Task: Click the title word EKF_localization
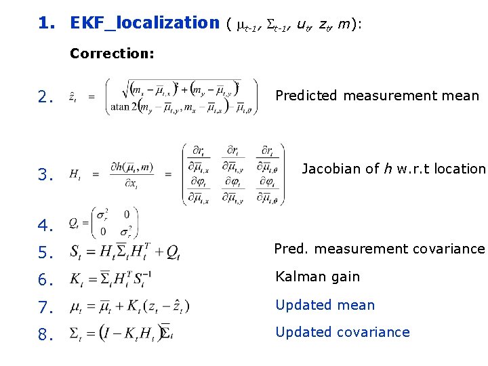coord(144,23)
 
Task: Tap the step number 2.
coord(45,98)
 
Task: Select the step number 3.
coord(45,176)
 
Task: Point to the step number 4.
coord(45,224)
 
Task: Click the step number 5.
coord(45,253)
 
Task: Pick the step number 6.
coord(45,280)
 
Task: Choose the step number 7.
coord(45,308)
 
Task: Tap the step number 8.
coord(45,335)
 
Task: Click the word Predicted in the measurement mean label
coord(306,96)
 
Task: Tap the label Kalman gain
coord(317,277)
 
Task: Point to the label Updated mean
coord(325,305)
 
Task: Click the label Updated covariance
coord(342,332)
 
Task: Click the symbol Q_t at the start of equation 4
coord(74,223)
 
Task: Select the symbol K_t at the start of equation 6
coord(76,279)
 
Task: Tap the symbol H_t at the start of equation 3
coord(75,175)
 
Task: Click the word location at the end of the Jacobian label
coord(464,169)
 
